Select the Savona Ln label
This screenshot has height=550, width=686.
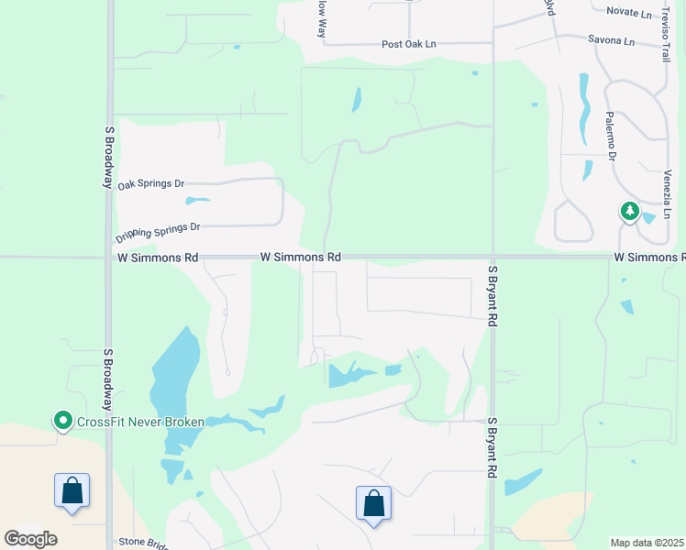(x=611, y=41)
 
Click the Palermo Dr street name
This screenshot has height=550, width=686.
(x=610, y=136)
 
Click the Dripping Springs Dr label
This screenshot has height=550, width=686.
(x=158, y=232)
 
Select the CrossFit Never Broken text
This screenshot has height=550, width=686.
(x=140, y=422)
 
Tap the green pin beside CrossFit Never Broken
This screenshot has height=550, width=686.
(x=63, y=421)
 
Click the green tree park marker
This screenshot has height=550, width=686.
(x=629, y=213)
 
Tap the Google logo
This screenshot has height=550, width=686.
(x=30, y=538)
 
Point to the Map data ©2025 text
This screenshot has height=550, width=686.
(x=647, y=543)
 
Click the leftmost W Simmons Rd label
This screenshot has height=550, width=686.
(x=158, y=258)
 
